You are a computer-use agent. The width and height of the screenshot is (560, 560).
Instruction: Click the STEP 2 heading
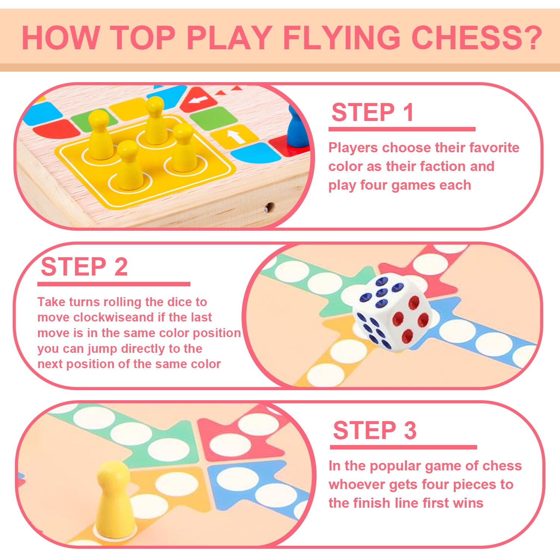coord(84,267)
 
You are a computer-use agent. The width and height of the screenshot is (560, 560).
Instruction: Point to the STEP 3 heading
coord(374,430)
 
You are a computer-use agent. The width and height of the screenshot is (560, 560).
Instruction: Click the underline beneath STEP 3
coord(403,447)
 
